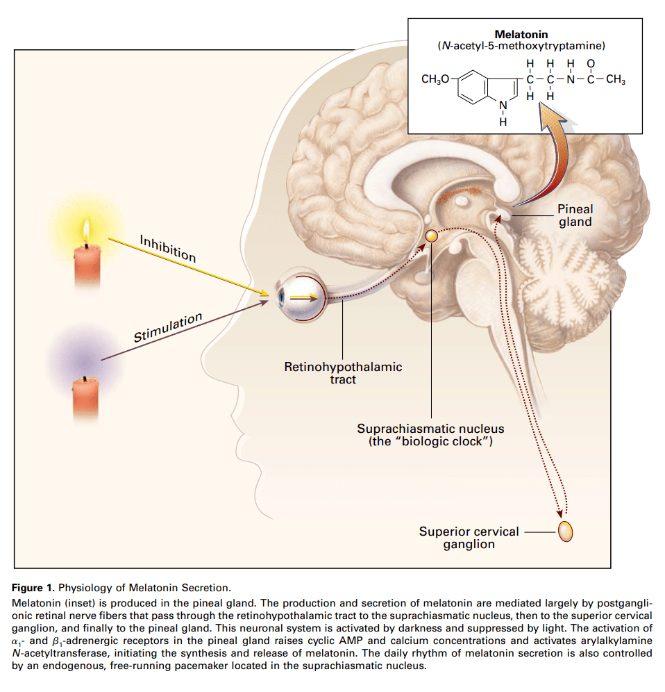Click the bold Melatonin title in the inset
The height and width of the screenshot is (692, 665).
click(521, 35)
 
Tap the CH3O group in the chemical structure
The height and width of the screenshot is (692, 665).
click(435, 79)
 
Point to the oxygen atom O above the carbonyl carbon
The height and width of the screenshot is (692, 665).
click(591, 64)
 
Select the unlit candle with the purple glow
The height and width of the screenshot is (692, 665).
click(85, 397)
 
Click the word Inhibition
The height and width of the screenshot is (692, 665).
click(167, 249)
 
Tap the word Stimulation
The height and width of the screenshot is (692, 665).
click(168, 327)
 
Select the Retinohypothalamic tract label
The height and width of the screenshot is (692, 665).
click(343, 373)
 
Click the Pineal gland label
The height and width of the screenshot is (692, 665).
click(575, 215)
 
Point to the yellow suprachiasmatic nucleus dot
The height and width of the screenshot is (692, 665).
click(432, 236)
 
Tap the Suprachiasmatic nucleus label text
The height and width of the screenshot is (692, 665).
click(430, 435)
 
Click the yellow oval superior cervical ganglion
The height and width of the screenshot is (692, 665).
click(565, 531)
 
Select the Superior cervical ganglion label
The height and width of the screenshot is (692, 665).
click(469, 538)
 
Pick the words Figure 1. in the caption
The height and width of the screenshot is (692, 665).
click(33, 588)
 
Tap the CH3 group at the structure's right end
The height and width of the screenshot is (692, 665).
click(616, 79)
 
